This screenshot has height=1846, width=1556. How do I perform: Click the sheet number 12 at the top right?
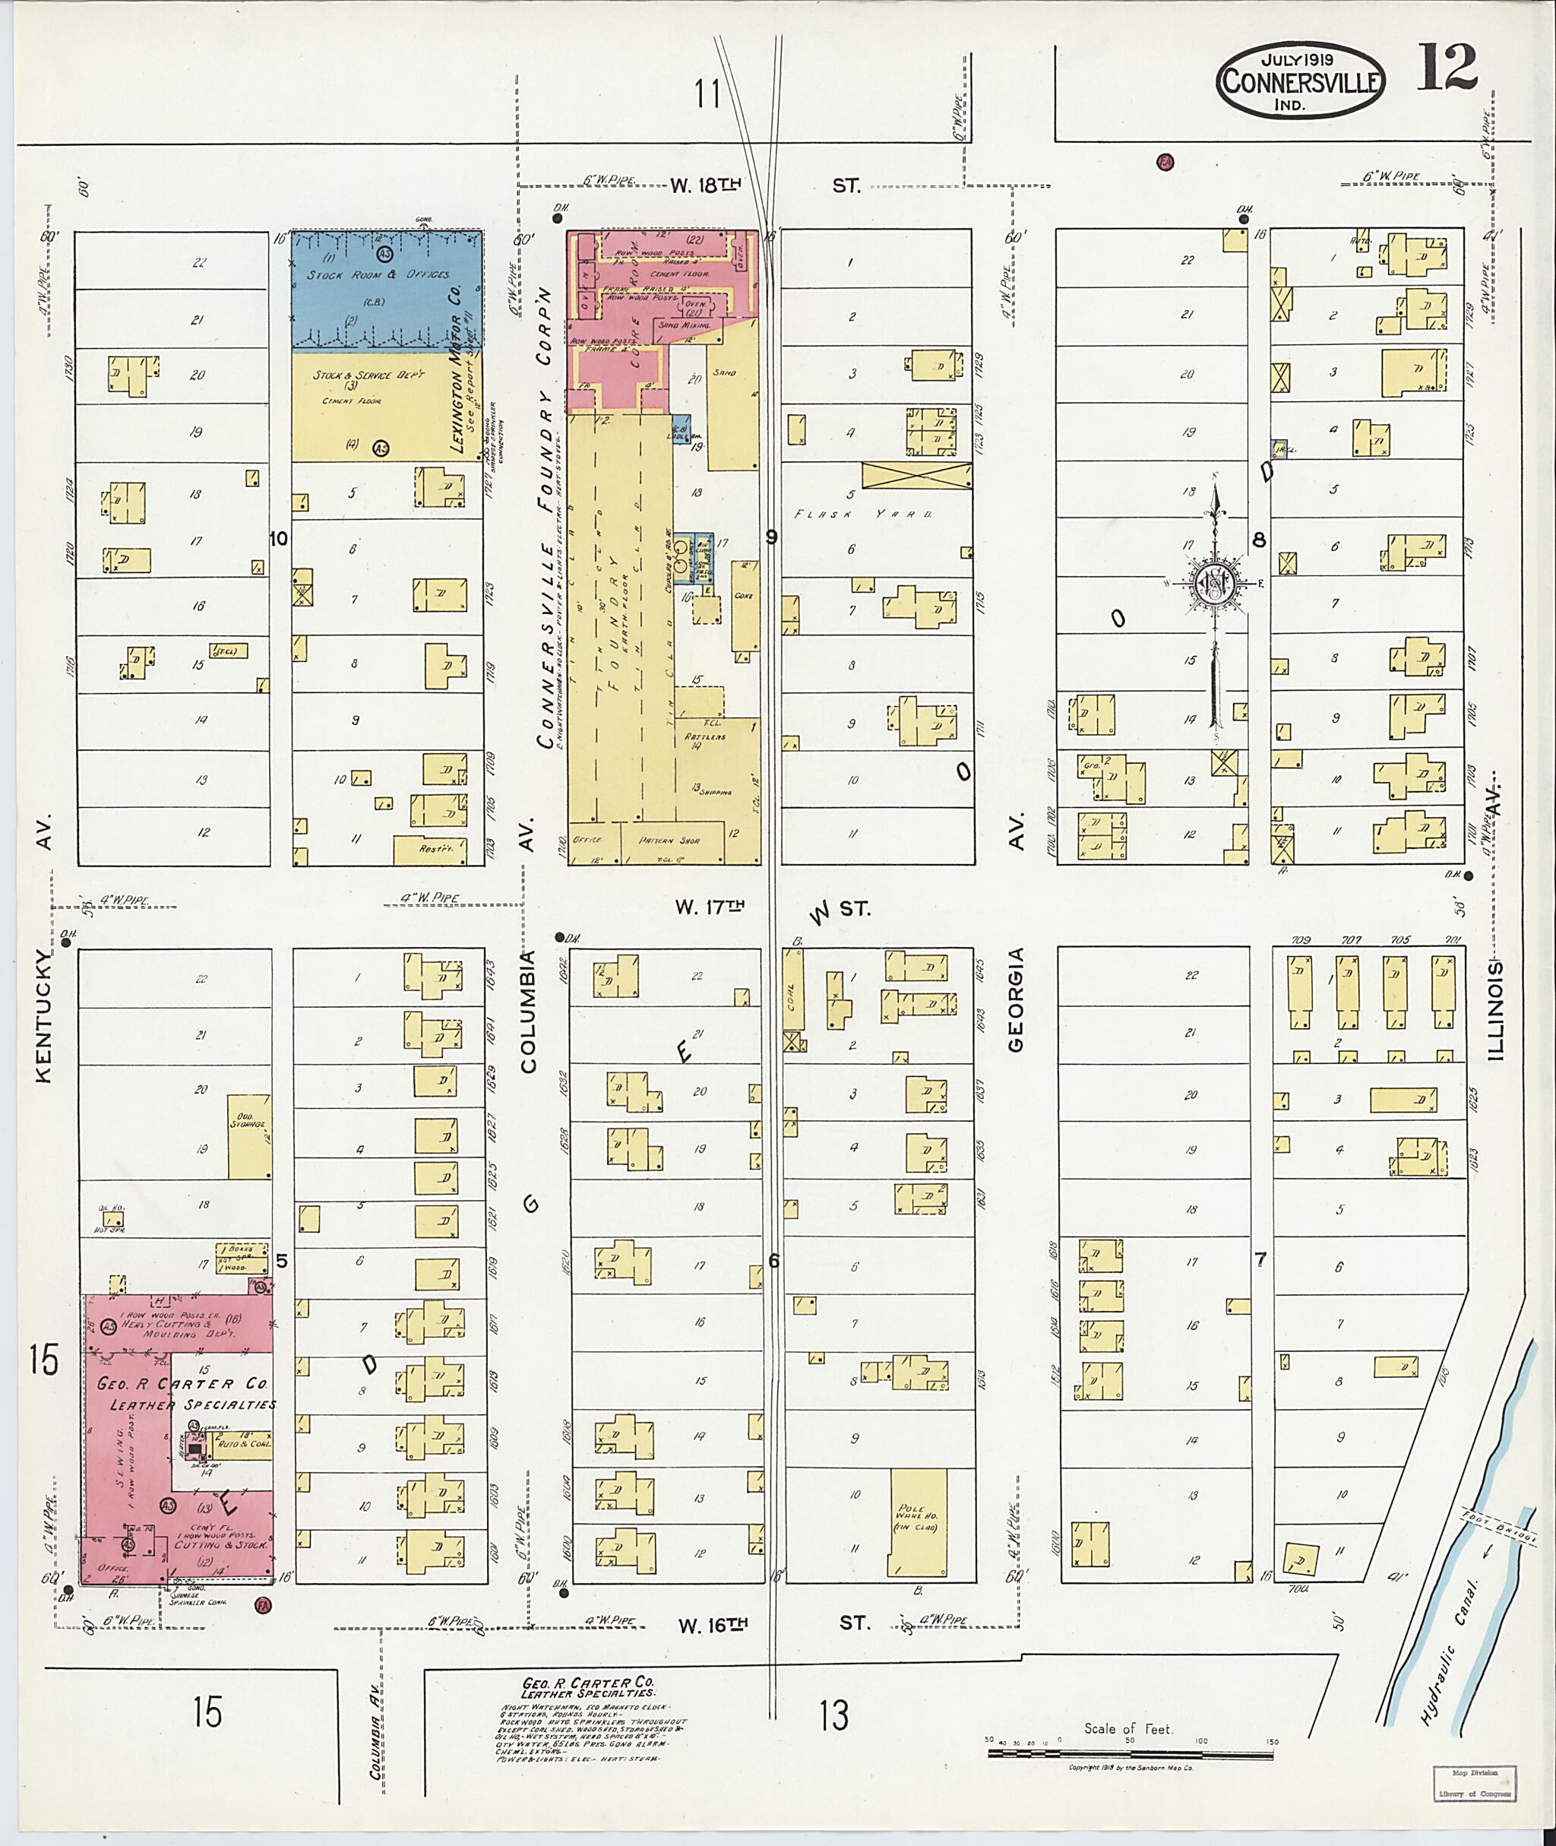pos(1447,67)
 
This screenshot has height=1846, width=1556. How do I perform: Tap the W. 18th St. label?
pos(706,185)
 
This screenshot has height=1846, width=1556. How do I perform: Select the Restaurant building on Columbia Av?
pos(429,850)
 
